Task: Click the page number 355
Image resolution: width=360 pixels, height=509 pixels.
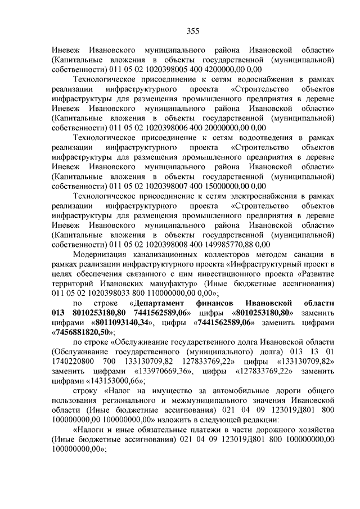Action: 180,30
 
